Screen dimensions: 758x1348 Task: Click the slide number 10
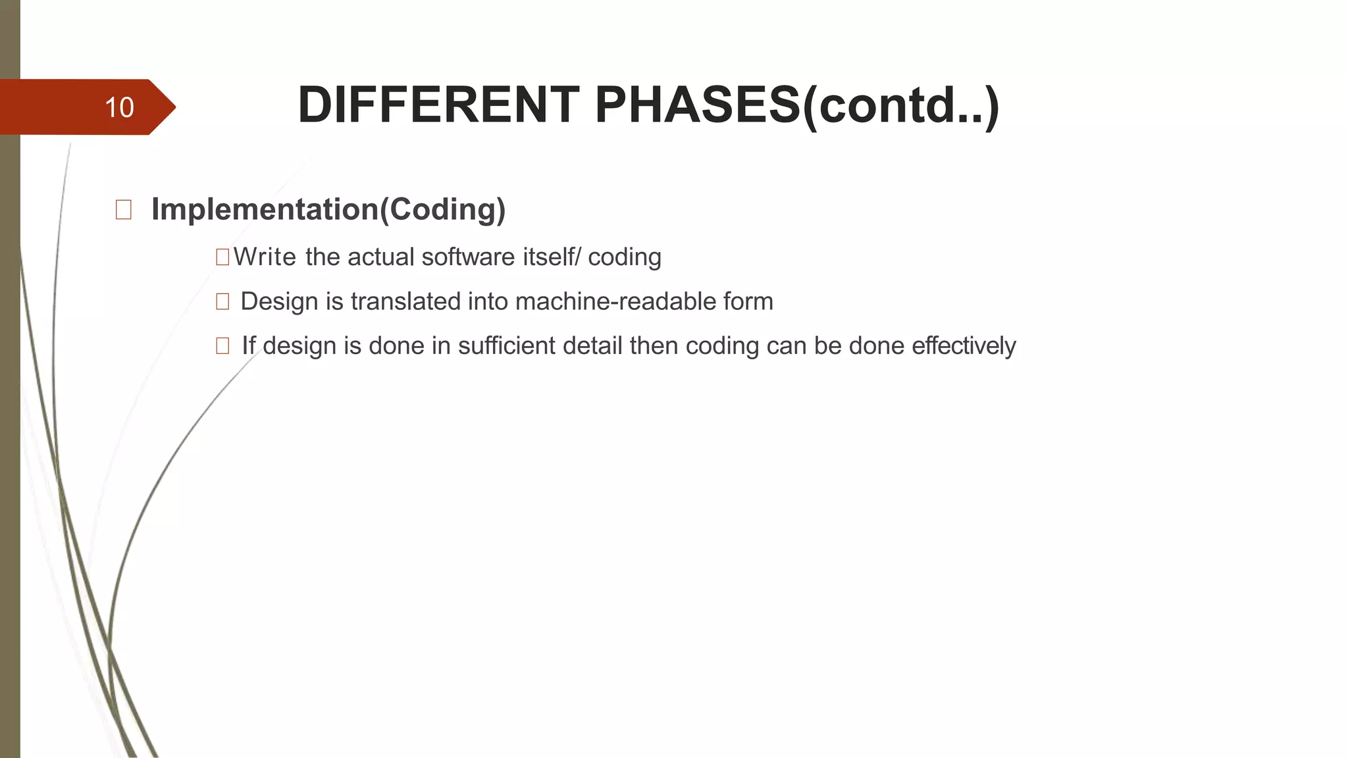pyautogui.click(x=119, y=107)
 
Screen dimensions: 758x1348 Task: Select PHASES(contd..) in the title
pyautogui.click(x=796, y=105)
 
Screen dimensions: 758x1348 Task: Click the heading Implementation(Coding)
pyautogui.click(x=328, y=209)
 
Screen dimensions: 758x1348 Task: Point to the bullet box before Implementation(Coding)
pyautogui.click(x=123, y=210)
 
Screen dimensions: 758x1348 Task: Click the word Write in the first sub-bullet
pyautogui.click(x=265, y=257)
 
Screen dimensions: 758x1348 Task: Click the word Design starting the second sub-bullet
pyautogui.click(x=279, y=301)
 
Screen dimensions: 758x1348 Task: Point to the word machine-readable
pyautogui.click(x=615, y=301)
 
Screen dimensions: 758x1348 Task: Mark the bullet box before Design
pyautogui.click(x=222, y=301)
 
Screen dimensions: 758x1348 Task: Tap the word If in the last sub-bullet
pyautogui.click(x=248, y=345)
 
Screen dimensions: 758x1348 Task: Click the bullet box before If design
pyautogui.click(x=222, y=345)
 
